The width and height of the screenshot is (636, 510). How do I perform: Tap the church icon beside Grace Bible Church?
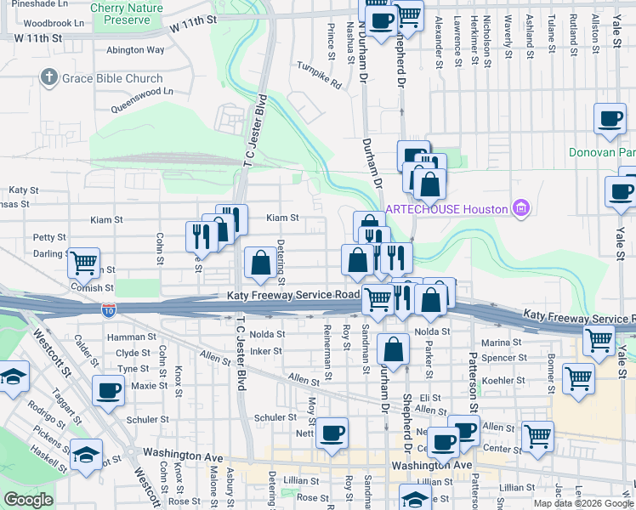click(48, 79)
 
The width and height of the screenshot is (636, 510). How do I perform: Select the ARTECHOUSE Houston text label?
click(446, 209)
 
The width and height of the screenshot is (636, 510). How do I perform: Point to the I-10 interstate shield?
click(109, 311)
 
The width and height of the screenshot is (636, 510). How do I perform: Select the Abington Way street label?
click(135, 49)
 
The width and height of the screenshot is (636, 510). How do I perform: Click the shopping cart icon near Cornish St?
click(84, 263)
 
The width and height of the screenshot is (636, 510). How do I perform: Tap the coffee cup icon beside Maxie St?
click(108, 391)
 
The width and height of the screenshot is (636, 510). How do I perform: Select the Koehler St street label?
click(502, 380)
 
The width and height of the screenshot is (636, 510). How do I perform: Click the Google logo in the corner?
click(28, 500)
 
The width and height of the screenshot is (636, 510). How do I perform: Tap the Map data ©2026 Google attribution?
click(582, 503)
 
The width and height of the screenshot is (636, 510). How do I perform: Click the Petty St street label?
click(49, 237)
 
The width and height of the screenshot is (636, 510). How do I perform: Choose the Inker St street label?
click(266, 350)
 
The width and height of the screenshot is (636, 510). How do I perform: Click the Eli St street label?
click(430, 397)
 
